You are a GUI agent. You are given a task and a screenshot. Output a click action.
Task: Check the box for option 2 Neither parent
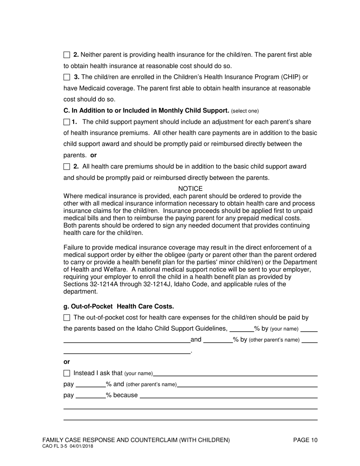tap(67, 55)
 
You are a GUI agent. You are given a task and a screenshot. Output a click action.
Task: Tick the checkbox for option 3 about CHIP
tap(67, 77)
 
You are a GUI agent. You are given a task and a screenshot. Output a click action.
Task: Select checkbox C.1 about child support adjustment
tap(67, 122)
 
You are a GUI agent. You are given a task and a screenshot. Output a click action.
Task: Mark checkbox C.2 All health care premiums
tap(67, 167)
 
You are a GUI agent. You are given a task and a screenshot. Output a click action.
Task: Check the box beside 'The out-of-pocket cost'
tap(67, 317)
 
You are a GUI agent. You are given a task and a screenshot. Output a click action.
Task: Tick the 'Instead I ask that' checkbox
tap(67, 373)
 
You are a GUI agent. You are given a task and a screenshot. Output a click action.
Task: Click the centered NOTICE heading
tap(190, 189)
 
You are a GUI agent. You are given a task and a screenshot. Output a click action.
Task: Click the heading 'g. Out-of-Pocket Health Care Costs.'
tap(119, 306)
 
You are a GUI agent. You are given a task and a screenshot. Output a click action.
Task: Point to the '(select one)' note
tap(245, 111)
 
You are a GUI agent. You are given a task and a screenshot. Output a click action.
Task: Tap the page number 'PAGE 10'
tap(305, 440)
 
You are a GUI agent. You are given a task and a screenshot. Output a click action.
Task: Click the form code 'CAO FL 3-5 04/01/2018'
tap(68, 446)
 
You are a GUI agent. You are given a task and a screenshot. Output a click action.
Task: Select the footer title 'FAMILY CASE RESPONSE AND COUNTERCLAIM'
tap(136, 440)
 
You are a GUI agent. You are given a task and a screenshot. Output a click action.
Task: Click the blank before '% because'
tap(91, 396)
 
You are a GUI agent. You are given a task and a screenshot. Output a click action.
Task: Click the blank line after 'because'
tap(229, 396)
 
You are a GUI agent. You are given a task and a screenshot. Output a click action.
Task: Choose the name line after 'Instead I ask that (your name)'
tap(235, 374)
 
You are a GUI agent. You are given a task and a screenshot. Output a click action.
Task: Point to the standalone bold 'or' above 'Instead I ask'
tap(67, 362)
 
